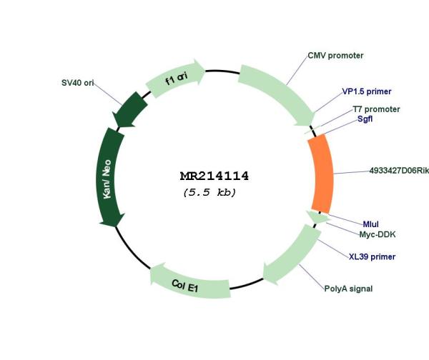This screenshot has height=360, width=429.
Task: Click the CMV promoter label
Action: [335, 56]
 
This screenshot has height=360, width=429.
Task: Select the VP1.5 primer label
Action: [367, 91]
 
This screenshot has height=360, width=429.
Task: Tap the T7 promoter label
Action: [376, 109]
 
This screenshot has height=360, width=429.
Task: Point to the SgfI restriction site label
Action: [365, 119]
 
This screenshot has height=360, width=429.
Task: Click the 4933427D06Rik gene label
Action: [399, 171]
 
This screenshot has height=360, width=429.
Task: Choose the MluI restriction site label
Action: [370, 224]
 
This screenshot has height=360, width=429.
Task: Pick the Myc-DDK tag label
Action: [378, 234]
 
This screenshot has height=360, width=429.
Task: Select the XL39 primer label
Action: [372, 256]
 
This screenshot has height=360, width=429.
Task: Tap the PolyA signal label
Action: [348, 289]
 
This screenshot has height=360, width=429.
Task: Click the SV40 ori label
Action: [78, 83]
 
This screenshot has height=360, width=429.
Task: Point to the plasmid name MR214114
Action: [214, 176]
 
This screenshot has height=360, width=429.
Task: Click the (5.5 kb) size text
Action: [209, 192]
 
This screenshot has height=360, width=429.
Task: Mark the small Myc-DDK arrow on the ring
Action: [318, 216]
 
